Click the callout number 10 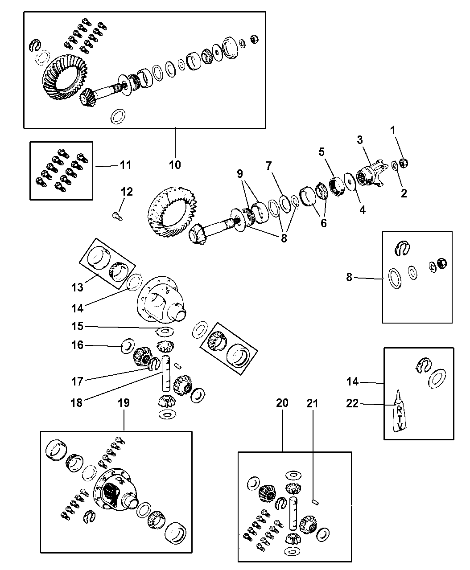coord(175,164)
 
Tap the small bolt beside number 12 coord(117,216)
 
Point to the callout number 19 coord(124,403)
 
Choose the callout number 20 coord(282,403)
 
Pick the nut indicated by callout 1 coord(405,163)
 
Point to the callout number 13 coord(77,287)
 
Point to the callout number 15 coord(77,326)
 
